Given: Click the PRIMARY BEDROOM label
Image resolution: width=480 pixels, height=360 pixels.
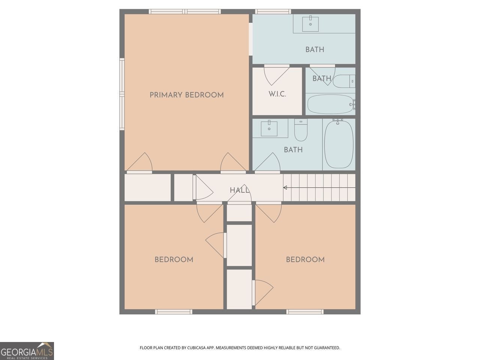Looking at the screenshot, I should [186, 95].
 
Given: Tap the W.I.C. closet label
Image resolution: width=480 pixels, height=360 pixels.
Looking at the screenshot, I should [277, 94].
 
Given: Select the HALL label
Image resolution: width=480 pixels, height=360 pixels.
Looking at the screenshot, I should [239, 190].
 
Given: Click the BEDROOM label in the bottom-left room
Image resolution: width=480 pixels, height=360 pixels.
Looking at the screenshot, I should [174, 259].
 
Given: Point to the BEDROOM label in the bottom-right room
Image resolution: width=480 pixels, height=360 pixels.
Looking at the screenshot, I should [305, 259].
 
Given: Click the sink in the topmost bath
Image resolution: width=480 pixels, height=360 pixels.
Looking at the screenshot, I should [310, 24].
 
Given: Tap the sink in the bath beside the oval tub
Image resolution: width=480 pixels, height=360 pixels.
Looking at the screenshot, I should [269, 129].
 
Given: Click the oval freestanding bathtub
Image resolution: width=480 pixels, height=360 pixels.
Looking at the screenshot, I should [339, 144].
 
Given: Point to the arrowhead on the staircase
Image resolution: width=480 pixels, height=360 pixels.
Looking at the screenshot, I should [285, 187].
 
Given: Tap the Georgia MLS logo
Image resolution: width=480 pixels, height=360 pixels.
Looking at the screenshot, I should [27, 351].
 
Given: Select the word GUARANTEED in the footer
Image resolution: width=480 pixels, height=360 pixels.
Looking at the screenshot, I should [326, 348].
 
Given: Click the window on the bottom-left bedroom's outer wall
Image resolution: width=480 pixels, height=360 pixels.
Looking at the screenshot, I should [174, 312].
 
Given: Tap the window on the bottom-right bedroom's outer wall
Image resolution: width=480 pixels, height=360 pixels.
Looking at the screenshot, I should [305, 312].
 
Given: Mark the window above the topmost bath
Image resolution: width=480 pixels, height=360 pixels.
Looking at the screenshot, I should [273, 12].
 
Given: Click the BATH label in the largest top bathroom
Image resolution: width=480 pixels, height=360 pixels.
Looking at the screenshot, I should [315, 49].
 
